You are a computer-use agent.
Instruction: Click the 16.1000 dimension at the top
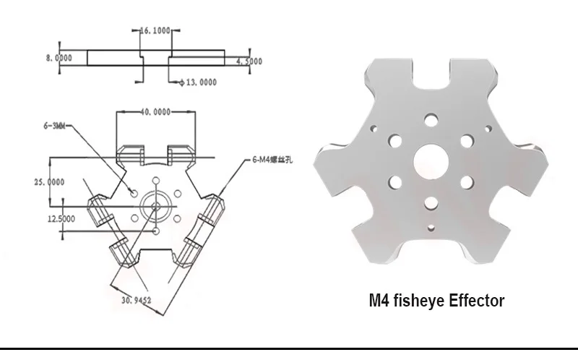(x=155, y=32)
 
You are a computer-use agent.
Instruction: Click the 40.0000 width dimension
(x=155, y=111)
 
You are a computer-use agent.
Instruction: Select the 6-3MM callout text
(x=55, y=125)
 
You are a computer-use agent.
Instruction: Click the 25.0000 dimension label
(x=49, y=182)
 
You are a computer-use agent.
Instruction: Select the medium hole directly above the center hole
(x=431, y=118)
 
